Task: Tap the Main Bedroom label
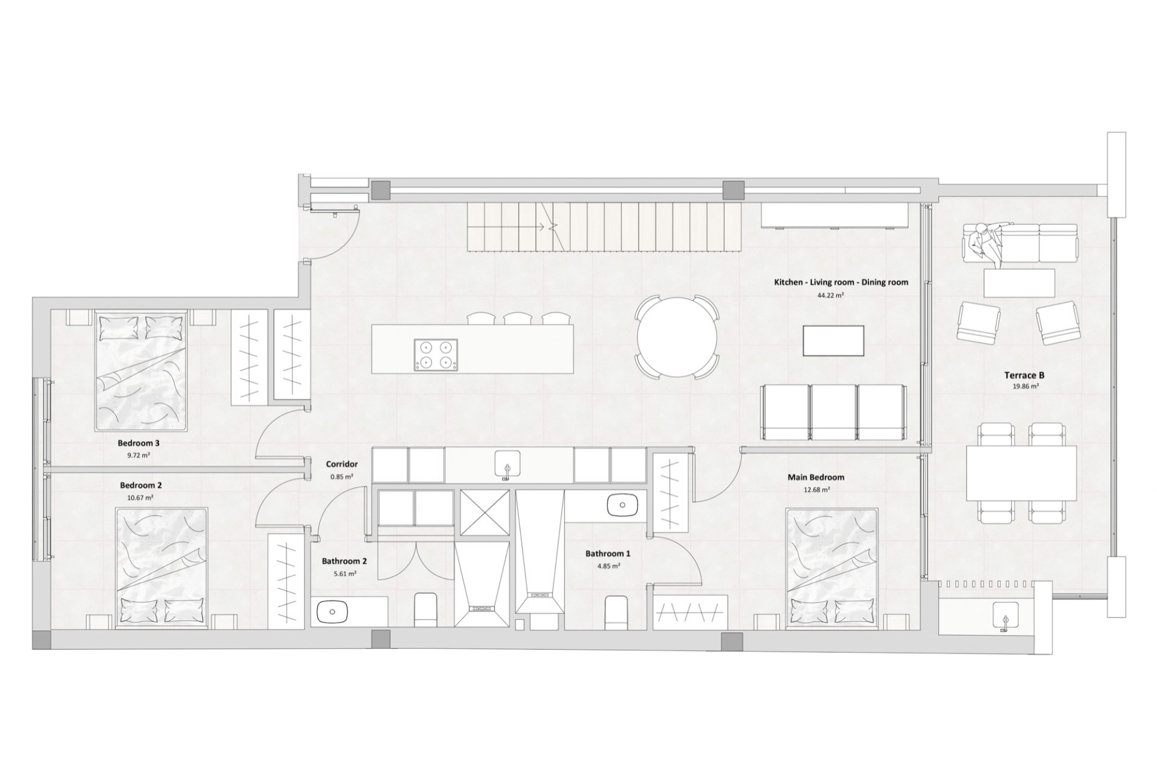(816, 477)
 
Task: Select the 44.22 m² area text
(830, 295)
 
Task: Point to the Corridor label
(342, 464)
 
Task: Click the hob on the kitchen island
(436, 355)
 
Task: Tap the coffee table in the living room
(834, 341)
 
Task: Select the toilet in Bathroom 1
(616, 613)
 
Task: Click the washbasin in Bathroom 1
(622, 505)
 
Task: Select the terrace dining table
(1021, 473)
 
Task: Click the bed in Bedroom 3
(142, 370)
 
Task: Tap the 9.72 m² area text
(139, 455)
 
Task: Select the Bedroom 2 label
(141, 485)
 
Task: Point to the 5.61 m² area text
(345, 573)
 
